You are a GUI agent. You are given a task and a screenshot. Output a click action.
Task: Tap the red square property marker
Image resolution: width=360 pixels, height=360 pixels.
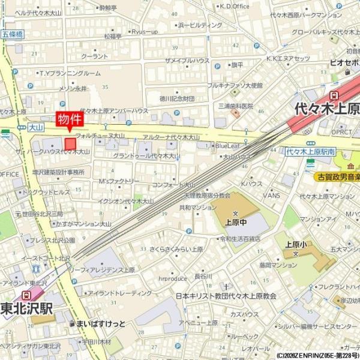tap(71, 144)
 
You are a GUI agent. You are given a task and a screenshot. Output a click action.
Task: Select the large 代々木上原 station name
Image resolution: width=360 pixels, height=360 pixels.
tap(327, 109)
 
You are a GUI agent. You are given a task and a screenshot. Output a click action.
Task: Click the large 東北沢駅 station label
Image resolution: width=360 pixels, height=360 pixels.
tap(27, 310)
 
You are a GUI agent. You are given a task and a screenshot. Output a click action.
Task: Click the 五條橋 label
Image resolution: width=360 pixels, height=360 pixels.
tap(12, 35)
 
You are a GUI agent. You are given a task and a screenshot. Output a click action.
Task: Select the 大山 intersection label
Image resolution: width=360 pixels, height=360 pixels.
tap(36, 127)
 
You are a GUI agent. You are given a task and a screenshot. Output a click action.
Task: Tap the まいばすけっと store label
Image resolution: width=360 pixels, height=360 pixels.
tap(100, 324)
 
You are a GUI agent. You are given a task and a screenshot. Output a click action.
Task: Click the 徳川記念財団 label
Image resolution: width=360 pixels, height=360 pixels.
tap(177, 98)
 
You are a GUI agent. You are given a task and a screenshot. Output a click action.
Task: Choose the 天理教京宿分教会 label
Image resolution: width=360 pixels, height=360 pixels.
tap(207, 196)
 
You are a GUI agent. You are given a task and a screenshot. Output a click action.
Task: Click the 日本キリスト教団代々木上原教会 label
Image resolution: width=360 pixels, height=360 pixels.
tap(226, 296)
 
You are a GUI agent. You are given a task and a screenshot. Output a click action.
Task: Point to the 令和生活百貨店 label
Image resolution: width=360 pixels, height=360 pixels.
tap(240, 238)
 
